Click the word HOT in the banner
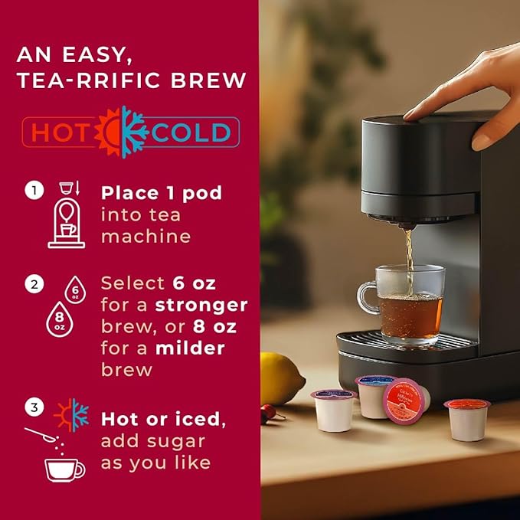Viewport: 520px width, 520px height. click(60, 132)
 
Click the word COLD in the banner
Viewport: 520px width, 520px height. click(191, 132)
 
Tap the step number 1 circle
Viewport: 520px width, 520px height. click(34, 190)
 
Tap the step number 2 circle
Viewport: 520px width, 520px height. click(34, 284)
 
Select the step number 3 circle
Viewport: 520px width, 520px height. click(34, 407)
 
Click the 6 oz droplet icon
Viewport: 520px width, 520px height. click(75, 289)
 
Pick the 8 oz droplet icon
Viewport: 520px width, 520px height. click(60, 320)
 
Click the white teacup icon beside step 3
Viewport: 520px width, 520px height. click(64, 470)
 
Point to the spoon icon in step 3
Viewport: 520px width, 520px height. click(41, 434)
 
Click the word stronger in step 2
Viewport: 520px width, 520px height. click(201, 306)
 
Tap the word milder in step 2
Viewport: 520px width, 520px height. click(190, 348)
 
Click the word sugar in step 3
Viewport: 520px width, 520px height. click(176, 443)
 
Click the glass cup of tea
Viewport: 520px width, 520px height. click(401, 305)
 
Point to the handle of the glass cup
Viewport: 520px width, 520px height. click(367, 298)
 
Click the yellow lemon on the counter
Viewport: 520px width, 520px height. click(281, 378)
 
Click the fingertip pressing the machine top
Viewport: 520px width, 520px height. click(410, 115)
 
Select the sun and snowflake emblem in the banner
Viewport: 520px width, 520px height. click(121, 132)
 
